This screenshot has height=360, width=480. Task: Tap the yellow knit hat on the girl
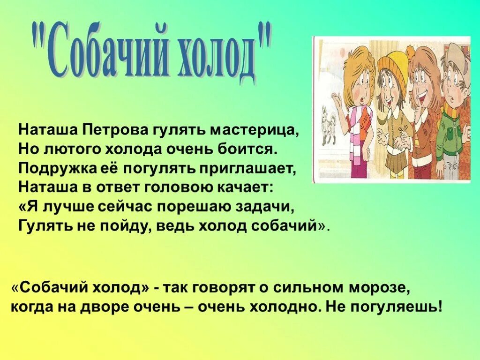[x=392, y=66]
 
